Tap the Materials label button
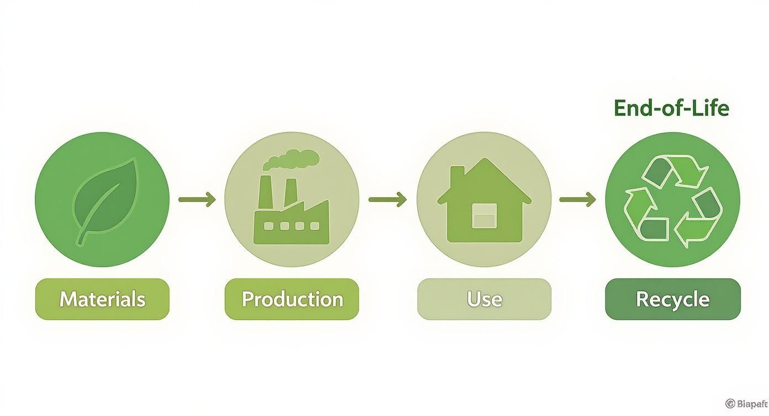click(x=102, y=299)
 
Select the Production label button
click(x=292, y=299)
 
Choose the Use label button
click(x=484, y=299)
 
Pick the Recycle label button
click(x=673, y=299)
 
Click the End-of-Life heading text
click(x=671, y=108)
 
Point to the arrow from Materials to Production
click(x=197, y=199)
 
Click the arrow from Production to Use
click(x=387, y=199)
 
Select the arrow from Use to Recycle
click(x=578, y=199)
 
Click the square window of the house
click(x=484, y=215)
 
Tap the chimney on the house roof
click(x=458, y=178)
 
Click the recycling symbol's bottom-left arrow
click(x=644, y=216)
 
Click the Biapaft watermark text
click(x=746, y=403)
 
